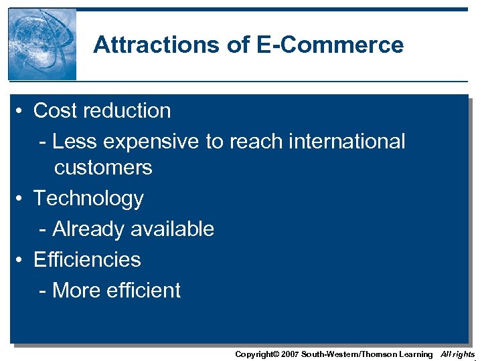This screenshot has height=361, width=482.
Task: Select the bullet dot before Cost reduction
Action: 22,111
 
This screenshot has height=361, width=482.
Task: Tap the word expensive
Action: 147,142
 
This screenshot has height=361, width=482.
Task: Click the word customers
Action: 103,167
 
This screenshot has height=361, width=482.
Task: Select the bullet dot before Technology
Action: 22,199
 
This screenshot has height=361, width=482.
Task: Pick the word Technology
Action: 88,199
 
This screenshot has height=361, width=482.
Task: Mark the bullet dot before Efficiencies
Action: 22,260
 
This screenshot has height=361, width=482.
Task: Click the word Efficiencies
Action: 87,259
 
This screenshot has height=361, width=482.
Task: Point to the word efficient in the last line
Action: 145,290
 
